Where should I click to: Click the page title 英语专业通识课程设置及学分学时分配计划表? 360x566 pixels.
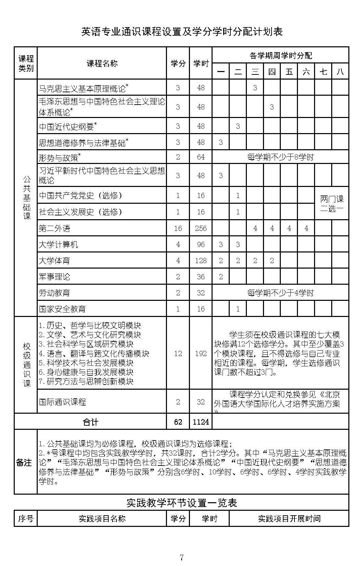[x=182, y=32]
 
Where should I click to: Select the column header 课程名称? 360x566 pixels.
[x=102, y=63]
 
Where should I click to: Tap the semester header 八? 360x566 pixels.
[x=340, y=72]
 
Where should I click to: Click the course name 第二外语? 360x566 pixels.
[x=55, y=228]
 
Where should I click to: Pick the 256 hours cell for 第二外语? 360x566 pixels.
[x=201, y=228]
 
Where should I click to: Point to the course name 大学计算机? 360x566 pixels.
[x=58, y=245]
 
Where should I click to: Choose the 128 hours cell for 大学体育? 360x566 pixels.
[x=201, y=261]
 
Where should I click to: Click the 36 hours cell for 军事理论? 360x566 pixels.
[x=201, y=277]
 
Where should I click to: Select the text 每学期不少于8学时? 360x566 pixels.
[x=280, y=157]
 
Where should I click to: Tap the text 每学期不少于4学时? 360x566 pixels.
[x=280, y=293]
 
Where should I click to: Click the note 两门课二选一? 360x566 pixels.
[x=332, y=204]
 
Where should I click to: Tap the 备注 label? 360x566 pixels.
[x=25, y=462]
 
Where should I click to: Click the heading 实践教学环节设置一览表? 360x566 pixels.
[x=182, y=503]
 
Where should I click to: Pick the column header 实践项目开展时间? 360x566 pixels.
[x=289, y=519]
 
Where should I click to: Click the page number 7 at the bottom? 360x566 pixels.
[x=182, y=557]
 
